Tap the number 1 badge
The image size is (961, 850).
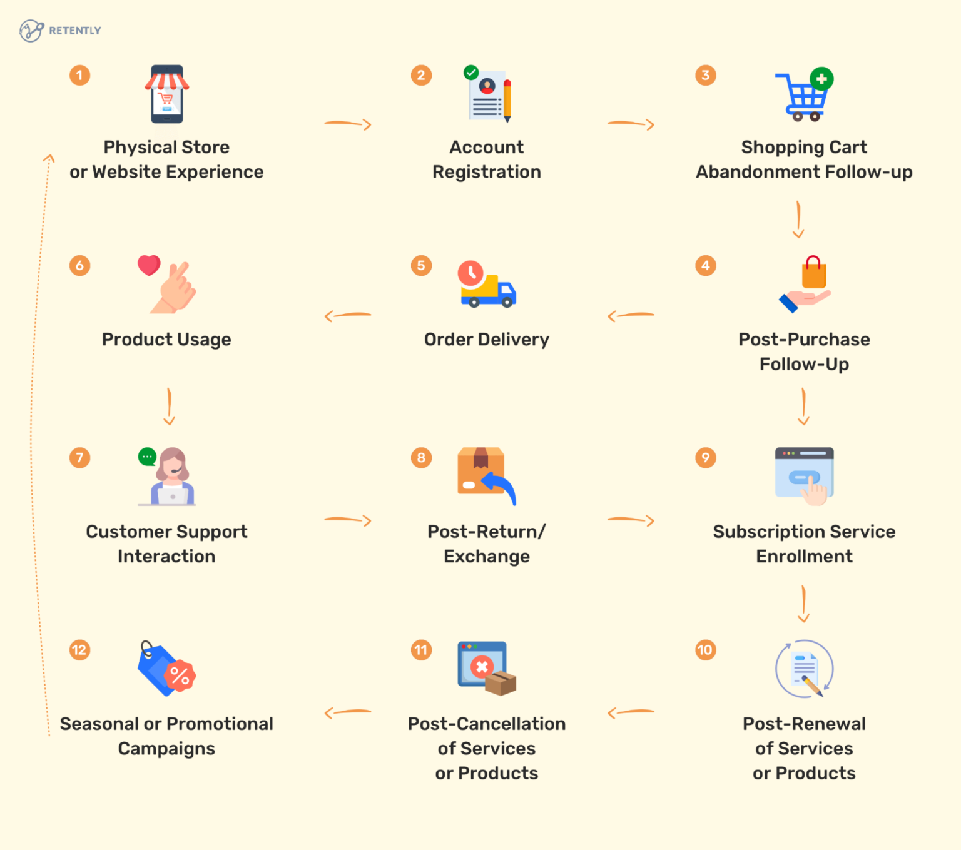(79, 76)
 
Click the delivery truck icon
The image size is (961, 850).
(487, 285)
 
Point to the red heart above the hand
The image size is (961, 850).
(149, 265)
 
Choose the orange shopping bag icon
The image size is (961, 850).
(813, 273)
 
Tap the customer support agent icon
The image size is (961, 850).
(168, 476)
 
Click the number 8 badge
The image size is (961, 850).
(421, 458)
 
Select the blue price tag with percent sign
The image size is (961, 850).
(166, 669)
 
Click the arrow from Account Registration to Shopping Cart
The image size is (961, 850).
(631, 124)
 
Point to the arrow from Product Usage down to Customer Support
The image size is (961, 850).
(169, 407)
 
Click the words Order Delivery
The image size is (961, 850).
(487, 340)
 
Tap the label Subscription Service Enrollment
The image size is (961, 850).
(804, 544)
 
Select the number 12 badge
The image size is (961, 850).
(79, 650)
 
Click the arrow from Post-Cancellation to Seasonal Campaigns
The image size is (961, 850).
(348, 712)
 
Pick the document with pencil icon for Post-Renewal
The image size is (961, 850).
(805, 669)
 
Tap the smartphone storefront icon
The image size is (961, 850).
(167, 94)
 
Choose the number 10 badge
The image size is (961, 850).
(705, 650)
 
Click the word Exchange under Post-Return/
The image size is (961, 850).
(487, 557)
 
